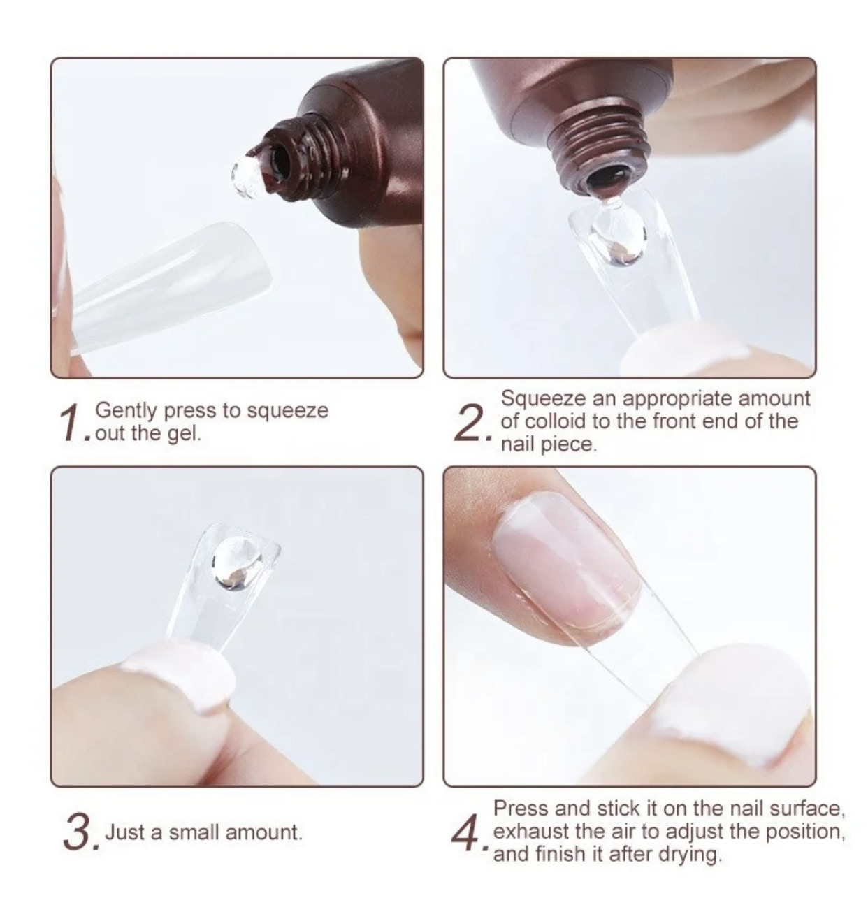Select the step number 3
tap(78, 833)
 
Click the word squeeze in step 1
tap(288, 411)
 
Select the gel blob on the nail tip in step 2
tap(614, 238)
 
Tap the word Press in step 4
tap(521, 809)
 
